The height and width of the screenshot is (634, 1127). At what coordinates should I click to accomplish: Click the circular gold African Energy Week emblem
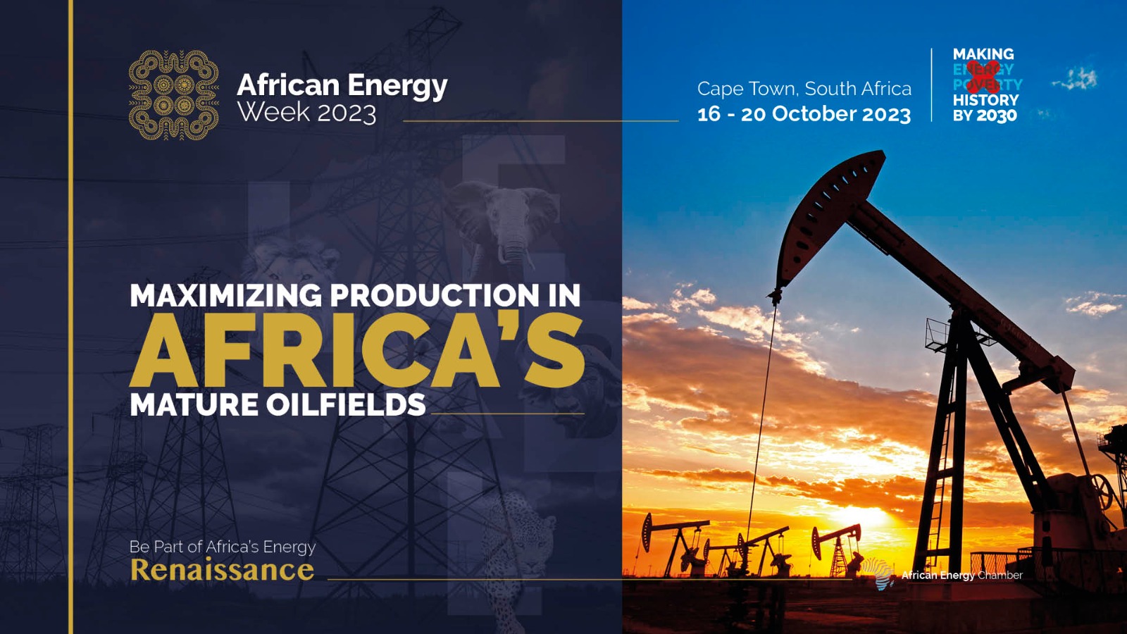173,94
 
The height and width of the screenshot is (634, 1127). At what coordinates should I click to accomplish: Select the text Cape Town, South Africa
804,89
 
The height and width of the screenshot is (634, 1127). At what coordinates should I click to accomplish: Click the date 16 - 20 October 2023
804,114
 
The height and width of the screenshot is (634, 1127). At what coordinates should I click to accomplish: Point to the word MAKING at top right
983,54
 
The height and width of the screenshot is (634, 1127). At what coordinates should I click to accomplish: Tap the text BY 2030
985,116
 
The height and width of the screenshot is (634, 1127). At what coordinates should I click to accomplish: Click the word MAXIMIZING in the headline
225,295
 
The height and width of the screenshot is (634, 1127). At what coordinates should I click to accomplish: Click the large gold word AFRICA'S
357,351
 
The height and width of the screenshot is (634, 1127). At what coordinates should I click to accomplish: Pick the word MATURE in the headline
194,405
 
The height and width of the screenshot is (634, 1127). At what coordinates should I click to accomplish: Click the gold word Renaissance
222,570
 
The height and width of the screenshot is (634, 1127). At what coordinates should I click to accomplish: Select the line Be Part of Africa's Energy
222,547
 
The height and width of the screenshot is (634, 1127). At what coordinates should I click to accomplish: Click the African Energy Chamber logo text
961,576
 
